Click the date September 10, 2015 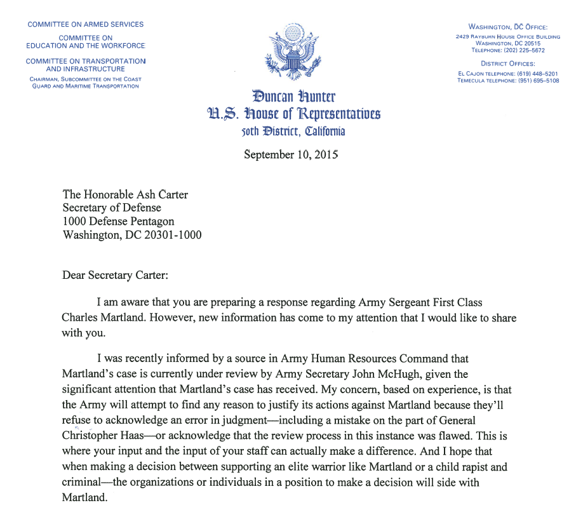290,154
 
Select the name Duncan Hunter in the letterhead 293,97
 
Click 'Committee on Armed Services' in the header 85,25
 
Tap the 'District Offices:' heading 507,64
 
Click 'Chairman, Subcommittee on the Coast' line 86,79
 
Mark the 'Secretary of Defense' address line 112,208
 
